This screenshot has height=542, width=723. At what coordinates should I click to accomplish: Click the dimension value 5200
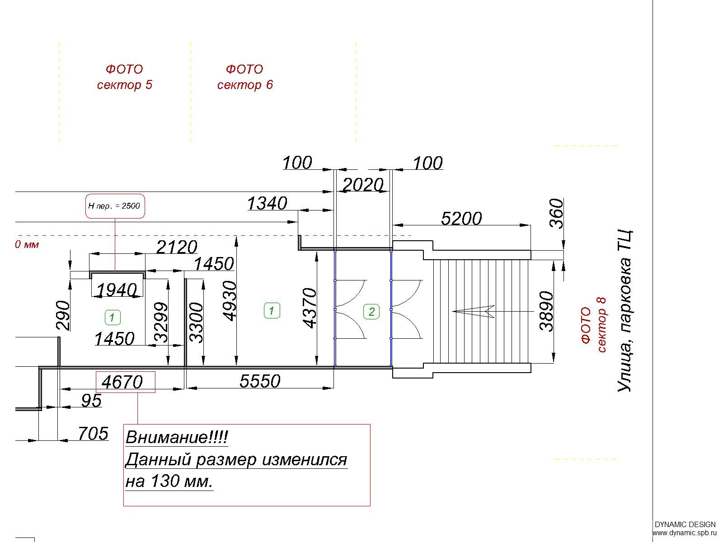[x=461, y=219]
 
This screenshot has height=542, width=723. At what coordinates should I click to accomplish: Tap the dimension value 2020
[x=363, y=185]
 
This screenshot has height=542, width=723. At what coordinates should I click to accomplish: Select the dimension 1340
[x=267, y=203]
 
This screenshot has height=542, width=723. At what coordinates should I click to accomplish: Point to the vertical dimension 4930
[x=230, y=301]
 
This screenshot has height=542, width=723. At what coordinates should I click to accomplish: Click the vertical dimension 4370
[x=310, y=308]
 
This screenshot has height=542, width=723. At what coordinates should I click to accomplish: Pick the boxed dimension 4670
[x=122, y=382]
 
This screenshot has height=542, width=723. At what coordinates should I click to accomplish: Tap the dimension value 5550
[x=260, y=381]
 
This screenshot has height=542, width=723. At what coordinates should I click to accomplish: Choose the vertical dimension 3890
[x=546, y=311]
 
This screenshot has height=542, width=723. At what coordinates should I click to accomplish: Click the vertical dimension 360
[x=556, y=214]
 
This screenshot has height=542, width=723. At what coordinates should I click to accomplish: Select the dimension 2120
[x=177, y=247]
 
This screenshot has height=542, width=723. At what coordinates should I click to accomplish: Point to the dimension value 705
[x=93, y=434]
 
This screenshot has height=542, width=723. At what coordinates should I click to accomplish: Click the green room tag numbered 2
[x=371, y=311]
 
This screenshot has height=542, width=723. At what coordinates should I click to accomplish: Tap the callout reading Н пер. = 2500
[x=115, y=206]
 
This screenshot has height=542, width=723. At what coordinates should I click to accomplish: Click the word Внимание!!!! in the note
[x=177, y=437]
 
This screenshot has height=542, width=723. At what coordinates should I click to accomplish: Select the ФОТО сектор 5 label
[x=125, y=77]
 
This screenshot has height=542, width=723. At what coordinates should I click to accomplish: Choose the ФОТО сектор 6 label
[x=245, y=77]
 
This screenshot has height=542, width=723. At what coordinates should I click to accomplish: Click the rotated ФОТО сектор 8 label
[x=593, y=325]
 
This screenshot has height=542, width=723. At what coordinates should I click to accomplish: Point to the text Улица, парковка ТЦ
[x=624, y=311]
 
